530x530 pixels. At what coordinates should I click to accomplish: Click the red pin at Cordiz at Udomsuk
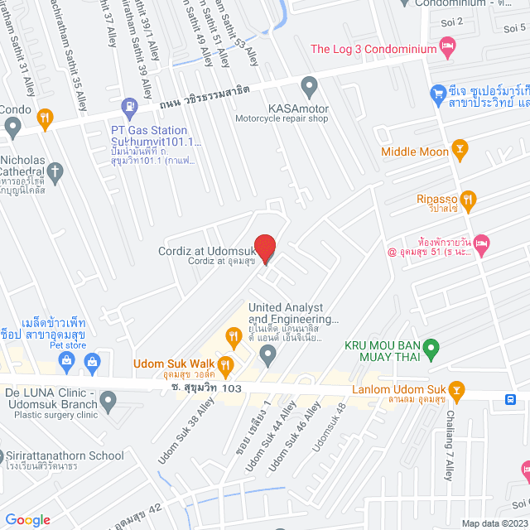pyautogui.click(x=264, y=248)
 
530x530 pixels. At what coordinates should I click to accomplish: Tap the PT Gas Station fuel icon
pyautogui.click(x=129, y=106)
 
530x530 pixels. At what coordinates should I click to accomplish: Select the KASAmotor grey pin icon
pyautogui.click(x=309, y=85)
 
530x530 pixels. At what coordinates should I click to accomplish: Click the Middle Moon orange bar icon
pyautogui.click(x=460, y=151)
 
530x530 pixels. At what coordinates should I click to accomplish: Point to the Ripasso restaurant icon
pyautogui.click(x=468, y=199)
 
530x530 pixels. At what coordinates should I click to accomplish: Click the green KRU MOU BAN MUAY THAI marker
pyautogui.click(x=430, y=349)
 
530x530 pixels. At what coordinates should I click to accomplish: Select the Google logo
pyautogui.click(x=28, y=519)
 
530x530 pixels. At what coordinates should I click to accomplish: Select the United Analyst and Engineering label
pyautogui.click(x=294, y=313)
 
